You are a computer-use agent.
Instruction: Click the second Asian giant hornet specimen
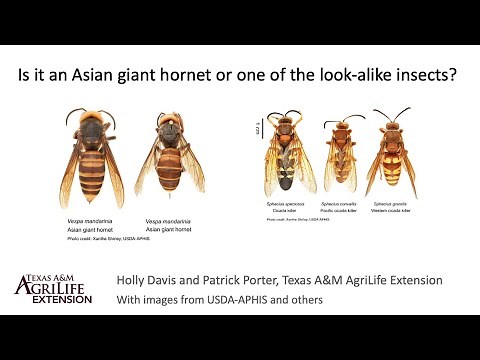click(x=172, y=160)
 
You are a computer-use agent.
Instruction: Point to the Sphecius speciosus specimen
click(x=283, y=155)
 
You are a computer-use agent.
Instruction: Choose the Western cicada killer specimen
click(x=392, y=155)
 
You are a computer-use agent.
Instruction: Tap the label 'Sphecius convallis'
click(x=340, y=204)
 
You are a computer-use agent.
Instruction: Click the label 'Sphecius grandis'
click(x=393, y=204)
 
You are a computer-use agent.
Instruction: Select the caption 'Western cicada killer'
click(x=393, y=211)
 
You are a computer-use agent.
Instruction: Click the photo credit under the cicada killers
click(x=290, y=219)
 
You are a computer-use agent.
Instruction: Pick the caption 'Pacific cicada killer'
click(x=340, y=211)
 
